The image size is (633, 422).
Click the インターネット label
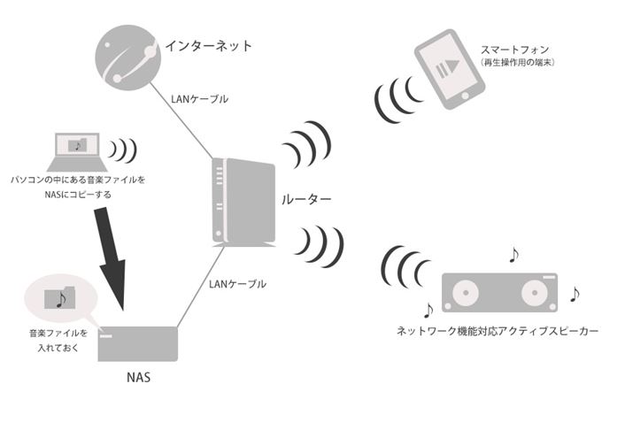[x=209, y=44]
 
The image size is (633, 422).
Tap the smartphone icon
[x=452, y=70]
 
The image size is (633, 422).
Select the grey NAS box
[x=136, y=343]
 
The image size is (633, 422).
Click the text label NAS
[x=138, y=378]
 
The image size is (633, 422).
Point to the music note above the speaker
[x=512, y=256]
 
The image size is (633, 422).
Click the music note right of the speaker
[x=574, y=292]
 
